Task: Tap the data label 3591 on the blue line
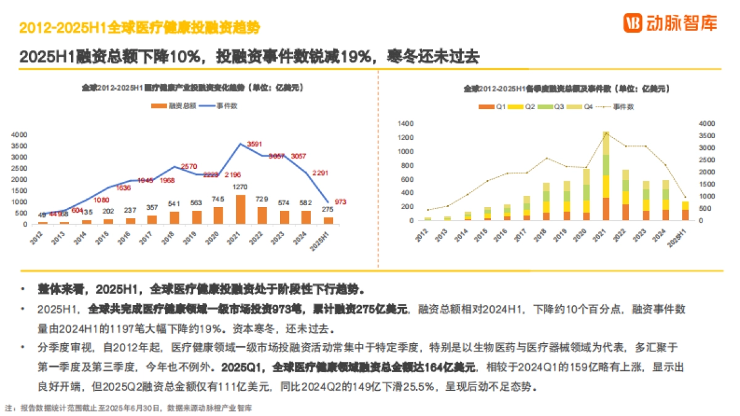click(255, 144)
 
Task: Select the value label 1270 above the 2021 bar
click(240, 187)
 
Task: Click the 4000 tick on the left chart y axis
click(19, 134)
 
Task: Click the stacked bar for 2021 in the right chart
click(606, 176)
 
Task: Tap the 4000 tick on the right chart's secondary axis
click(707, 123)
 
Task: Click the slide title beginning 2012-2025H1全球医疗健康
click(139, 28)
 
